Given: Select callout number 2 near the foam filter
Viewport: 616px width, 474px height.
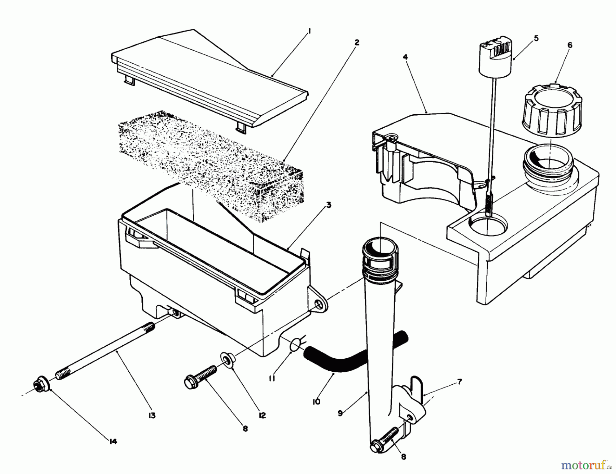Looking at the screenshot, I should pos(357,42).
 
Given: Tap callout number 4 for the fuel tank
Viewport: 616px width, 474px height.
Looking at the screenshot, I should pos(405,57).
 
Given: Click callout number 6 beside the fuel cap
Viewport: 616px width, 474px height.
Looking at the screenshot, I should pos(569,45).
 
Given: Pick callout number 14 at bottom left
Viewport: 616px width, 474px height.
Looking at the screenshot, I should pos(113,441).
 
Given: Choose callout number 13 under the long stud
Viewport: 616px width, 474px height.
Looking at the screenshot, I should pos(152,415).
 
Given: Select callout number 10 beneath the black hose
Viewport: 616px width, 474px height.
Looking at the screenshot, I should pos(316,401).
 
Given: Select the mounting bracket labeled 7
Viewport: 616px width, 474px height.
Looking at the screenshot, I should pos(414,400).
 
